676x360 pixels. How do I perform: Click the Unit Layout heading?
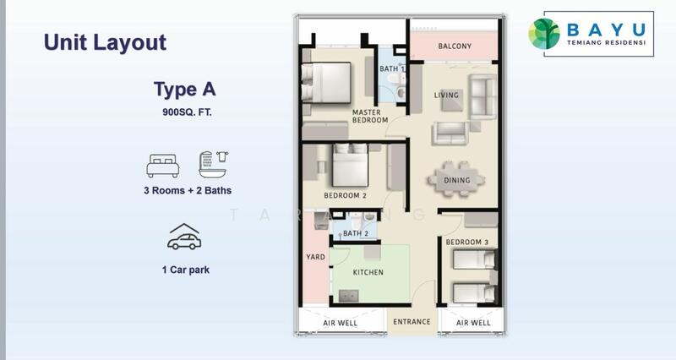[x=105, y=43]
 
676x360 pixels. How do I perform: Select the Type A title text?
[x=185, y=90]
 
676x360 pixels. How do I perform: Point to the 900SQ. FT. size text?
[x=187, y=112]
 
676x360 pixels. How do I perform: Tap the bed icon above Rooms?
[x=163, y=166]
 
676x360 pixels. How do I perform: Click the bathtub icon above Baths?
[x=214, y=165]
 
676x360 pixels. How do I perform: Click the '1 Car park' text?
[x=186, y=270]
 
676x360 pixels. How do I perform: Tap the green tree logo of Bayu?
[x=544, y=34]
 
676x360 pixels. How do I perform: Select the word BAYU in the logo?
[x=606, y=30]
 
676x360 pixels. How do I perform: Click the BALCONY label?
[x=455, y=46]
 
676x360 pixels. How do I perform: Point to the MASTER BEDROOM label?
[x=370, y=116]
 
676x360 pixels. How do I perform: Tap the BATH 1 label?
[x=392, y=69]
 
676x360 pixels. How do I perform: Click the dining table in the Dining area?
[x=456, y=179]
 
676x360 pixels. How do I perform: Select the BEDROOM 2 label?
[x=345, y=195]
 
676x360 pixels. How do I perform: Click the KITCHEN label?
[x=368, y=272]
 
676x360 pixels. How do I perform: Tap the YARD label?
[x=315, y=257]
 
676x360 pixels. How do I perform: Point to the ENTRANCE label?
[x=412, y=322]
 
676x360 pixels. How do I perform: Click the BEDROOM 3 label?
[x=467, y=242]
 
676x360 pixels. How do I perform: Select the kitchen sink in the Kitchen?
[x=349, y=296]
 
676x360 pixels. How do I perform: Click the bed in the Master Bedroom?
[x=326, y=83]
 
